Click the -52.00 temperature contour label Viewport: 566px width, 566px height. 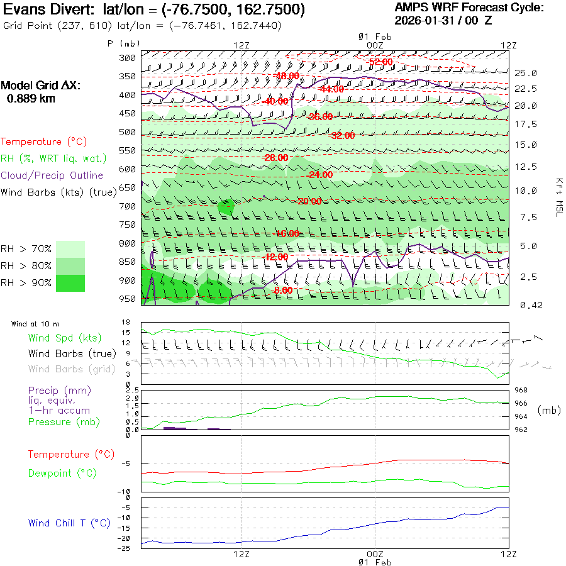pos(380,62)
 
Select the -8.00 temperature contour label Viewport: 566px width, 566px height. pos(283,290)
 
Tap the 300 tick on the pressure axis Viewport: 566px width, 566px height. pos(128,58)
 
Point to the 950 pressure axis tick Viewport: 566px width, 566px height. pos(128,298)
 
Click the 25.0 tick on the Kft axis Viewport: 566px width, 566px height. pos(526,73)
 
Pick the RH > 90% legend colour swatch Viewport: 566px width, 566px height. pos(70,283)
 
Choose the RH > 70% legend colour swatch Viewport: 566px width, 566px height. pos(70,249)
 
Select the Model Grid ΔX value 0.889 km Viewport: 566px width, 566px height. pos(31,98)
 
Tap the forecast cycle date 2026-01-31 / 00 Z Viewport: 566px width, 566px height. pos(443,20)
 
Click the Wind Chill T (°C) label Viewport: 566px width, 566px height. pos(69,523)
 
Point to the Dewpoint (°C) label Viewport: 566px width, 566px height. pos(62,473)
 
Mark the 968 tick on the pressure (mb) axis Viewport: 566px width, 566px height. pos(521,391)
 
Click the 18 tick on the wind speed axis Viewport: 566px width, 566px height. pos(125,322)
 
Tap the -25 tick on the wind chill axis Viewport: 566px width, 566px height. pos(126,548)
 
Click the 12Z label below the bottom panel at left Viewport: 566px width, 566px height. pos(242,554)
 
